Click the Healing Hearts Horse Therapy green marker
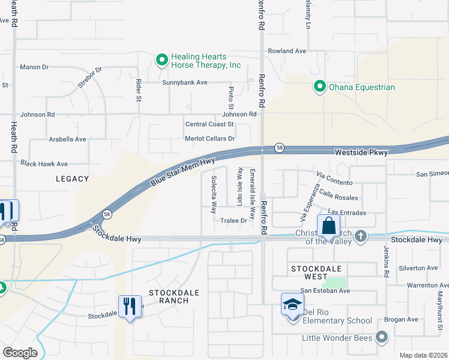(161, 60)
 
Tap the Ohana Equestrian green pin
(319, 87)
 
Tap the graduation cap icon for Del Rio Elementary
(292, 304)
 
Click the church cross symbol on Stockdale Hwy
(360, 236)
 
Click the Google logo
(20, 353)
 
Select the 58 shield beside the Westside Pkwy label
(279, 148)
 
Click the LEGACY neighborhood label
(72, 179)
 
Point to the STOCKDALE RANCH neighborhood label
(161, 296)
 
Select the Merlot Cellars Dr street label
(209, 139)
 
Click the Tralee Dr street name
(234, 221)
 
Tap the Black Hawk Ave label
(44, 163)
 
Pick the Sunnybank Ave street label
(184, 82)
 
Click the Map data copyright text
(423, 355)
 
